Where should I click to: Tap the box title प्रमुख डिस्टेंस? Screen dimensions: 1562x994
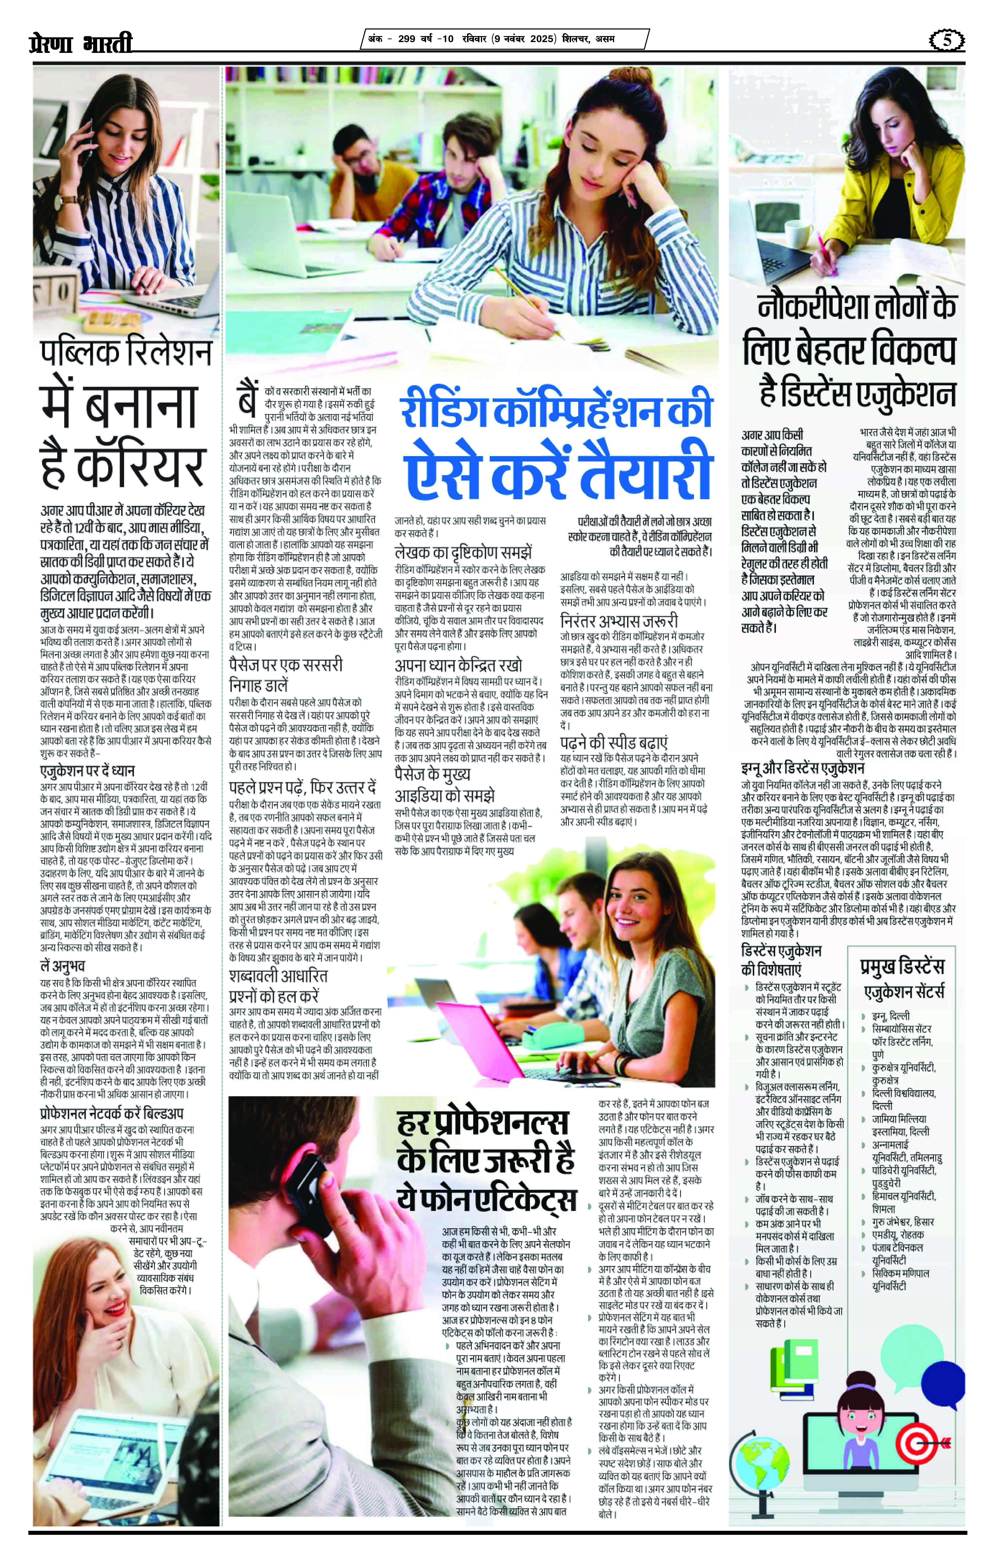(902, 967)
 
